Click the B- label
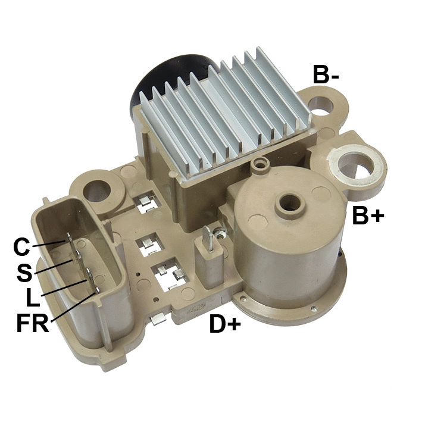coord(326,74)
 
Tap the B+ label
coord(368,215)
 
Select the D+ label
coord(224,324)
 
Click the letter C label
coord(21,246)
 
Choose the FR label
coord(32,324)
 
